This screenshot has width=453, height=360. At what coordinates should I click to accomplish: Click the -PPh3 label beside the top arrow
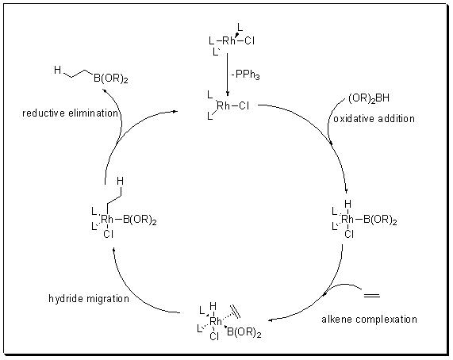(x=246, y=75)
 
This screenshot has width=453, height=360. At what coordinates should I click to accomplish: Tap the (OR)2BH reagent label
(x=369, y=98)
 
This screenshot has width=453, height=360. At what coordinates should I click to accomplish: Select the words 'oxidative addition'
(x=374, y=119)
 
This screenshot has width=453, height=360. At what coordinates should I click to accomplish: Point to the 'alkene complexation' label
(x=369, y=320)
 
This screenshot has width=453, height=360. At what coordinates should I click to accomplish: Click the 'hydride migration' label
(x=89, y=298)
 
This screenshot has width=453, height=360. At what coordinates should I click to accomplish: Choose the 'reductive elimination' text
(x=70, y=113)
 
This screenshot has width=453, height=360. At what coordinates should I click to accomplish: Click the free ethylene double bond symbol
(x=371, y=295)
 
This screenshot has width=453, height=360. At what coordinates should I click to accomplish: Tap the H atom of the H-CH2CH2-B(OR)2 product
(x=57, y=70)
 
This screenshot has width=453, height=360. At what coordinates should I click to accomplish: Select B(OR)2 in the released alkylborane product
(x=111, y=79)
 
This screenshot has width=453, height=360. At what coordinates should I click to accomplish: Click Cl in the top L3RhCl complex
(x=249, y=40)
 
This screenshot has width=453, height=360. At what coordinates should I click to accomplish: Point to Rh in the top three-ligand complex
(x=228, y=40)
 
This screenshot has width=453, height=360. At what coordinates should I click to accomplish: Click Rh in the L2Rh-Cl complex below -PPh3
(x=223, y=105)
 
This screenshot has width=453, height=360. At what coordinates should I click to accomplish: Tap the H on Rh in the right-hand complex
(x=347, y=204)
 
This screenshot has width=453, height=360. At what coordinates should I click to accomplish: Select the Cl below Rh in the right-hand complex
(x=349, y=234)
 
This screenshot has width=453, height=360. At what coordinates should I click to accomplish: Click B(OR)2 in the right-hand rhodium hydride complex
(x=380, y=220)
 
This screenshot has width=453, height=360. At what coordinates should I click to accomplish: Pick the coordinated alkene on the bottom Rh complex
(x=235, y=312)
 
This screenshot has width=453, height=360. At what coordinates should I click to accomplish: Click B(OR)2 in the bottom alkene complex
(x=244, y=332)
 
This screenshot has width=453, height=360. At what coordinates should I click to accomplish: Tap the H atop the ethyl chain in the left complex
(x=120, y=181)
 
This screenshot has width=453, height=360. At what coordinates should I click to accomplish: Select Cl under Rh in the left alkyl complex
(x=109, y=234)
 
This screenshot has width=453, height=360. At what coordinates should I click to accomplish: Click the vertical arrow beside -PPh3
(x=228, y=75)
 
